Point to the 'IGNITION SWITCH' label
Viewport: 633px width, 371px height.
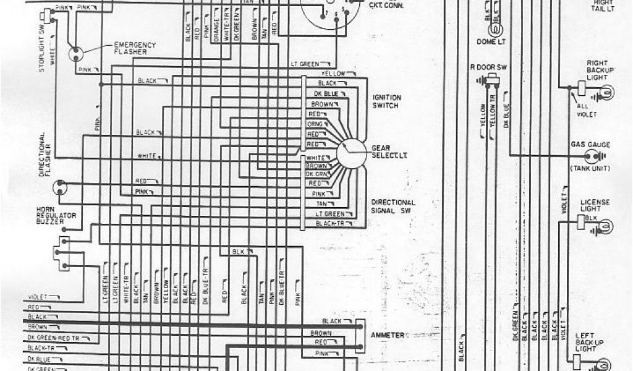point(386,101)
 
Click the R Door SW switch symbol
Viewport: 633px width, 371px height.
point(493,79)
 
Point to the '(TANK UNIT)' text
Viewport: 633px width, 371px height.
point(590,169)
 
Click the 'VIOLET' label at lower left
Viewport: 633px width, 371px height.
point(38,297)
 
